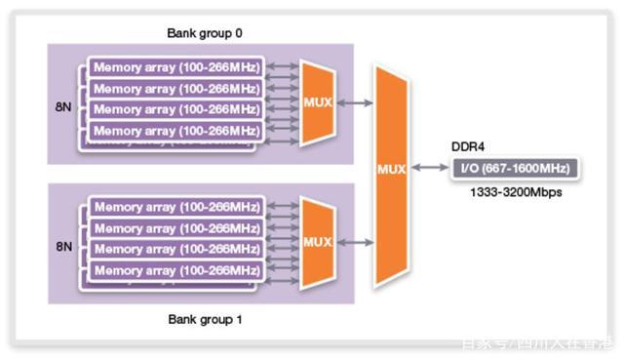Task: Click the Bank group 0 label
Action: [205, 33]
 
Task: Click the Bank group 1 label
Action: [205, 319]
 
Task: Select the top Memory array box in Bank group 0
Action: [175, 67]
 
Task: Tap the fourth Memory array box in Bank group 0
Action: [175, 131]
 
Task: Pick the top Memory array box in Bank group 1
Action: [175, 207]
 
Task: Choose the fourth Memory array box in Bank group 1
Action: [175, 270]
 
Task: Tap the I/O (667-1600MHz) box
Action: [514, 168]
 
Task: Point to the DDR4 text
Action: [468, 146]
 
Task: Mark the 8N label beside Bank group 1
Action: [64, 247]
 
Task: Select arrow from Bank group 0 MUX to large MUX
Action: [355, 102]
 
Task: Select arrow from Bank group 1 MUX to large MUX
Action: [355, 242]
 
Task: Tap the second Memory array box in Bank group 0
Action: [175, 89]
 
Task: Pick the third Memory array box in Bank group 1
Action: [175, 249]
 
